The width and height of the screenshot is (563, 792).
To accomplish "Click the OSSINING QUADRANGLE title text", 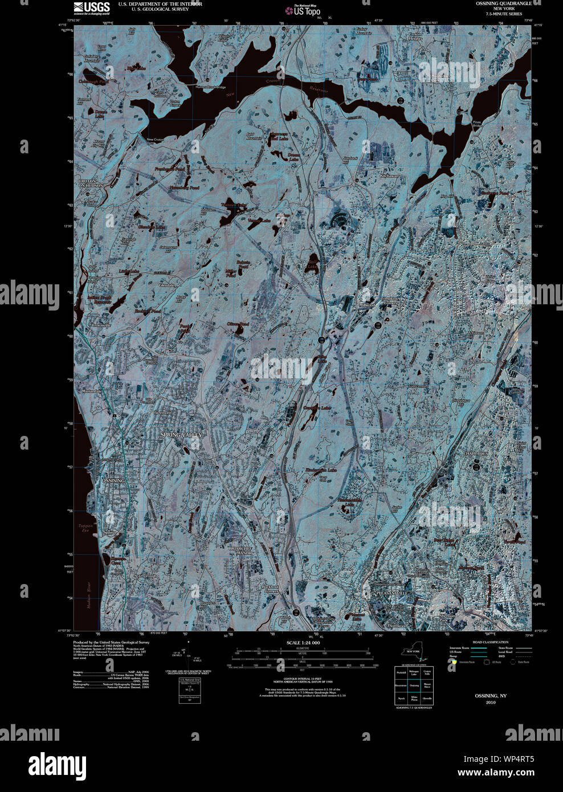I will click(x=504, y=3).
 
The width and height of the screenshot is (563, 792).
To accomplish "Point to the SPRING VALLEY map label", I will click(x=181, y=435).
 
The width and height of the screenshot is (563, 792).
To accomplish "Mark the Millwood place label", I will click(x=366, y=305).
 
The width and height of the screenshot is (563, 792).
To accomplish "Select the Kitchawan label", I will click(x=389, y=177).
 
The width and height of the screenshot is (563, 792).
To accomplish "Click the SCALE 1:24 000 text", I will click(x=304, y=643).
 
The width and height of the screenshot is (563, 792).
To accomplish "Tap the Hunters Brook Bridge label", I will click(x=210, y=87).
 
